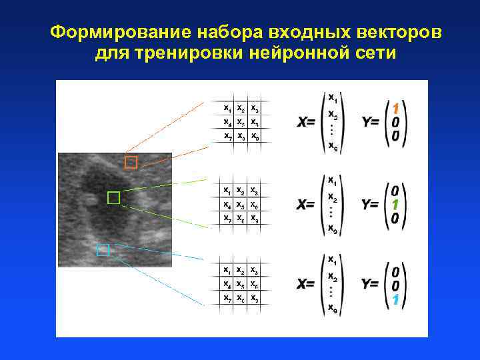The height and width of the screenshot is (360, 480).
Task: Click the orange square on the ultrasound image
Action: pos(131,162)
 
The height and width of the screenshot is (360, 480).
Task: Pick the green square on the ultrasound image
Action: pos(113,197)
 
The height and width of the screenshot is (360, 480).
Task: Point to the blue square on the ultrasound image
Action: pos(103,250)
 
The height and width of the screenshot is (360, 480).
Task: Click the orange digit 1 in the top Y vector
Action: pos(395,108)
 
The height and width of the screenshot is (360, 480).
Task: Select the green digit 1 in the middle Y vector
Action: pos(395,205)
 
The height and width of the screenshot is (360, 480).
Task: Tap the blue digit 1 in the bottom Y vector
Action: pos(395,300)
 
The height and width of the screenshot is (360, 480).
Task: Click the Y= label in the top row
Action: pos(371,123)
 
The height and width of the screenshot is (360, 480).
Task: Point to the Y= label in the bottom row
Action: pos(371,285)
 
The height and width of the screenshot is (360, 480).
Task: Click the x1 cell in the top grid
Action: pos(228,108)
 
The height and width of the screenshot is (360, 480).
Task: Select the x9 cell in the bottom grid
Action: pos(255,298)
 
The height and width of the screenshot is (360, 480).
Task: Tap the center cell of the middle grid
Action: pos(241,205)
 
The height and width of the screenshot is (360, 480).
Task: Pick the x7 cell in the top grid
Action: pos(228,137)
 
